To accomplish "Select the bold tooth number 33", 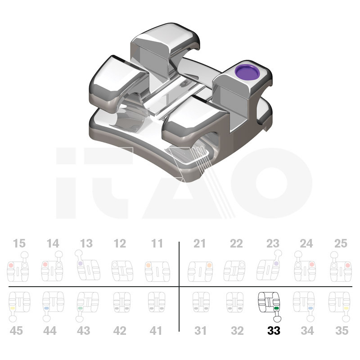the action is tap(274, 331).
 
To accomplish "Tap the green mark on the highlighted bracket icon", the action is tap(276, 308).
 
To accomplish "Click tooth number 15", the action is tap(19, 243).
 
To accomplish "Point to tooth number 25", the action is tap(341, 243).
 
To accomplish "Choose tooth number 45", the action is tap(16, 331).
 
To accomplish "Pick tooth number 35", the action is tap(342, 331).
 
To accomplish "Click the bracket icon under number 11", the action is tap(157, 272).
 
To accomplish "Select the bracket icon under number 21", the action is tap(200, 272).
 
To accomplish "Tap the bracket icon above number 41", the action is tap(156, 302).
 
